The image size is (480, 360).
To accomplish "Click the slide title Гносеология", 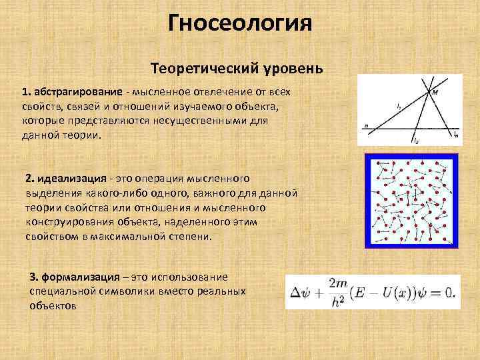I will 240,25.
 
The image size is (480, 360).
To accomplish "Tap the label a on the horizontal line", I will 366,124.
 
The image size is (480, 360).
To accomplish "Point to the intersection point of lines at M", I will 427,90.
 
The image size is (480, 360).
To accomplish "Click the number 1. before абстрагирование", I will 26,91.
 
